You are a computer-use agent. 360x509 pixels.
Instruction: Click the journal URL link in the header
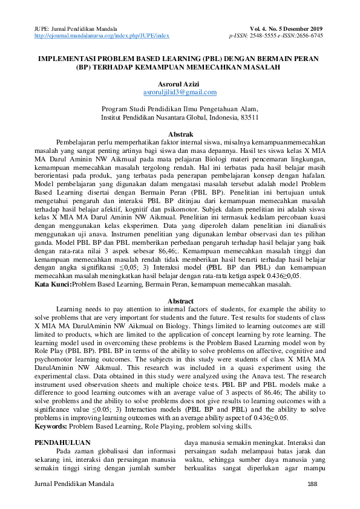(102, 36)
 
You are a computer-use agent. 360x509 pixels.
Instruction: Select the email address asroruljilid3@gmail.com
(180, 92)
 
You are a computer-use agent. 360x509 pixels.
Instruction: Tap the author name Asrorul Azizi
(180, 83)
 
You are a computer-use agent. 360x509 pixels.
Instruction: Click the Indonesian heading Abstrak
(180, 134)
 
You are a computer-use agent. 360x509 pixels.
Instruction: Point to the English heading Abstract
(180, 301)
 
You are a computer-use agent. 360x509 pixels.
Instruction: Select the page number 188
(313, 485)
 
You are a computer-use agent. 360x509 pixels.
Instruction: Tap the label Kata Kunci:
(54, 284)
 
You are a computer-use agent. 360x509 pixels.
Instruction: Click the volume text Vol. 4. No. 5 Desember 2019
(286, 29)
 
